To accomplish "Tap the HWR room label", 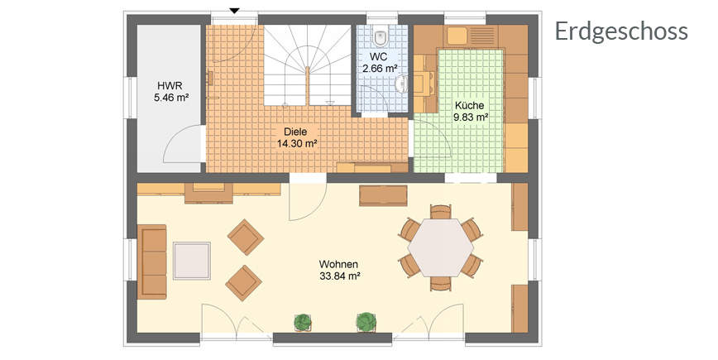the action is click(x=170, y=85).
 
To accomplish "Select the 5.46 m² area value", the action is click(x=172, y=97).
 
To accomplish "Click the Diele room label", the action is click(x=295, y=132).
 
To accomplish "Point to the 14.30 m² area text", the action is click(x=297, y=143).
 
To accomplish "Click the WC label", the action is click(x=378, y=57).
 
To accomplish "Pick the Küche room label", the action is click(x=469, y=106).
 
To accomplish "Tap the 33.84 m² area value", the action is click(x=339, y=276).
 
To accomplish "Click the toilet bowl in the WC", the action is click(x=380, y=37).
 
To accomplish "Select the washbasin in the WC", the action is click(x=401, y=84).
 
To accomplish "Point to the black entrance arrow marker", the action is click(x=234, y=11).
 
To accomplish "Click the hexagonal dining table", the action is click(x=441, y=247).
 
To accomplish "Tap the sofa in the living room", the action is click(x=151, y=262).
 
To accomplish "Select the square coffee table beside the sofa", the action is click(x=192, y=261).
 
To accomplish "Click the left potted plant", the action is click(x=302, y=322).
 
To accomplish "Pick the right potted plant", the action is click(x=366, y=322).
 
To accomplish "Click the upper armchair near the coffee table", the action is click(x=246, y=237).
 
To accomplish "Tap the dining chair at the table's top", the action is click(x=441, y=212).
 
